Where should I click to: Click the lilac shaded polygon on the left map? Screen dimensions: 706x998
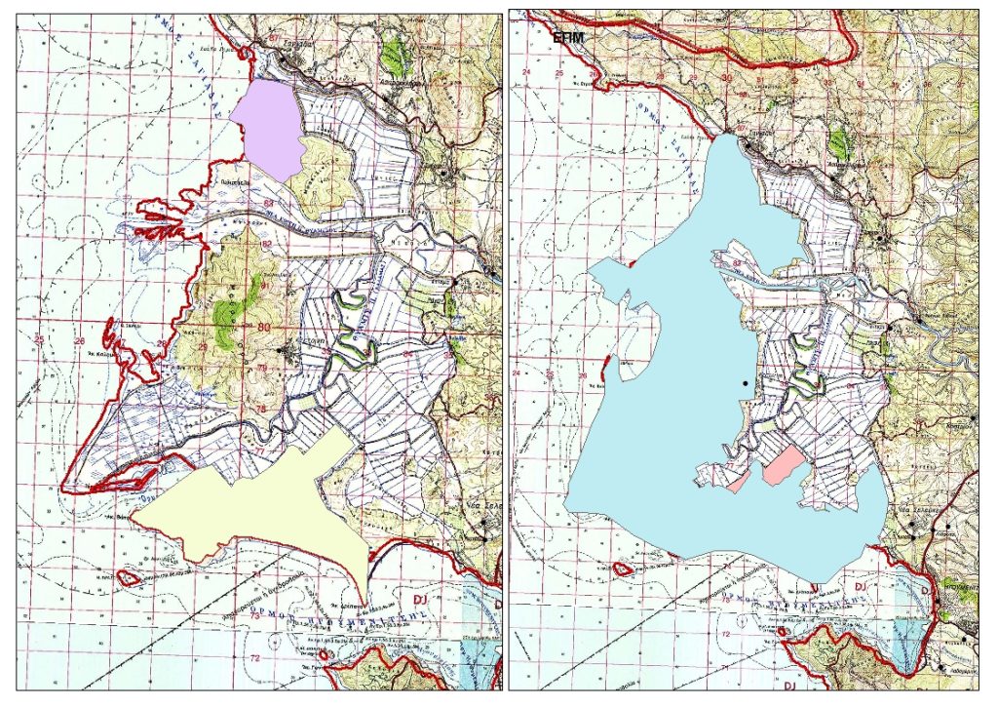click(271, 127)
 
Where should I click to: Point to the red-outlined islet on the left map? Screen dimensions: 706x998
click(127, 576)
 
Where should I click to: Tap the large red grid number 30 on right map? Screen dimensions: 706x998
click(726, 77)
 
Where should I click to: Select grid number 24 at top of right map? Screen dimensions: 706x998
click(527, 73)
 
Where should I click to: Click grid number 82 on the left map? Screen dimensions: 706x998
click(266, 244)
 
